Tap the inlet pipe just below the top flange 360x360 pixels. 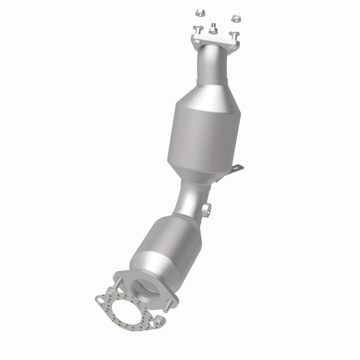(x=210, y=65)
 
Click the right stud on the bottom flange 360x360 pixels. (x=170, y=302)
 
